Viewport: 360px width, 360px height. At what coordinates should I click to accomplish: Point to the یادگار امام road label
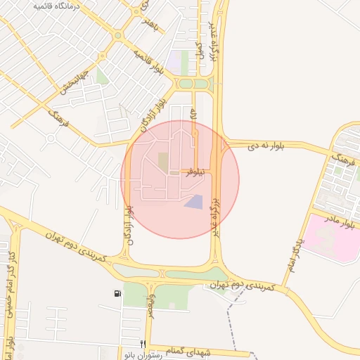pyautogui.click(x=294, y=255)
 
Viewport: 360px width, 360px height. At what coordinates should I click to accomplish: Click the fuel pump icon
pyautogui.click(x=116, y=293)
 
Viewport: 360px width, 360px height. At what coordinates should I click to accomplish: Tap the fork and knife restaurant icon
pyautogui.click(x=143, y=344)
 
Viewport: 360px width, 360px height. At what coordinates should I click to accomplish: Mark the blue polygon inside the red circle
pyautogui.click(x=194, y=202)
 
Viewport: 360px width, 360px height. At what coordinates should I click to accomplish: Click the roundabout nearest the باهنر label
pyautogui.click(x=117, y=35)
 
